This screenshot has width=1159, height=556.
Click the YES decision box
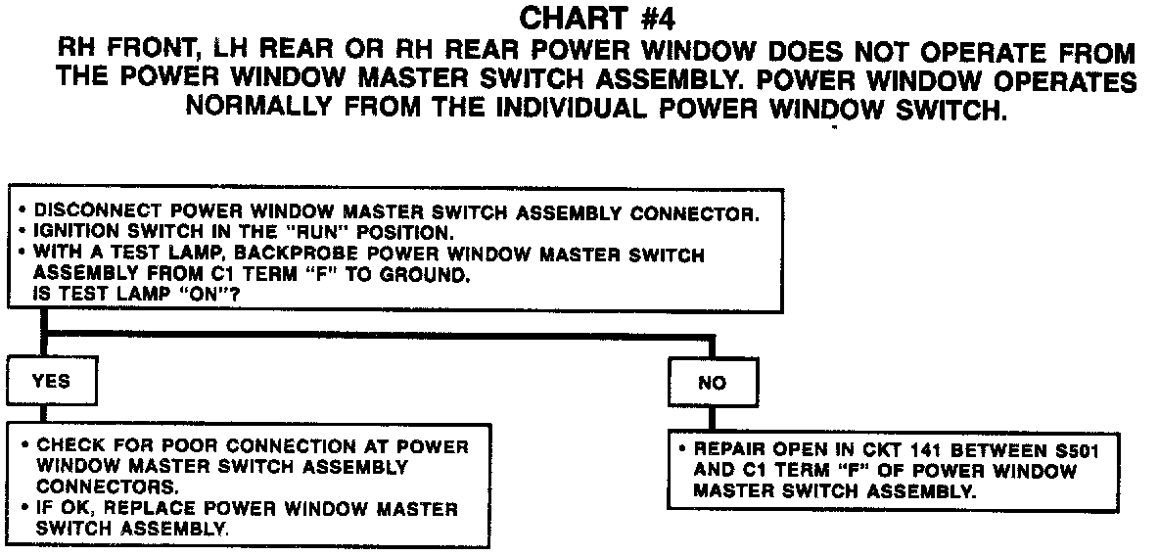(x=51, y=382)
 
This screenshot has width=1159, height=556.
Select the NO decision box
(x=712, y=383)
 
